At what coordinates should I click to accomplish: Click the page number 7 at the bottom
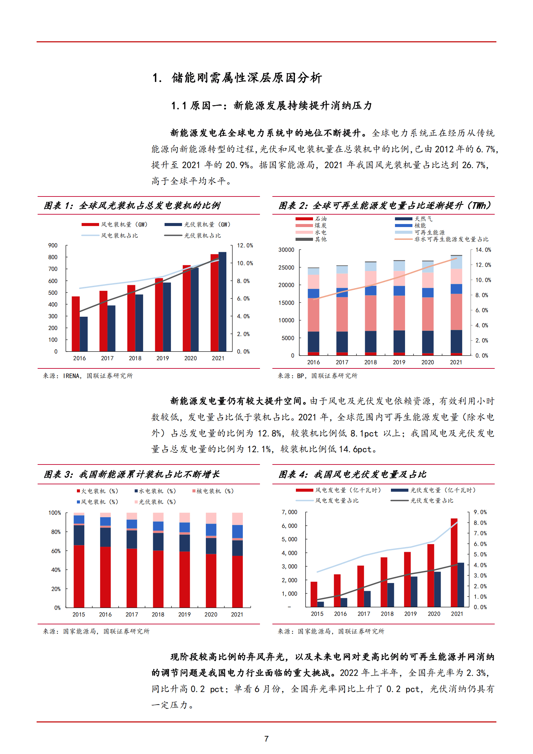click(266, 739)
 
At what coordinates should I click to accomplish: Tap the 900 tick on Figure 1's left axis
click(53, 246)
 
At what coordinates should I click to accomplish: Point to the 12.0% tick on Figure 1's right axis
click(245, 246)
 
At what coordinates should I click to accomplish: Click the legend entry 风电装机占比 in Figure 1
click(119, 235)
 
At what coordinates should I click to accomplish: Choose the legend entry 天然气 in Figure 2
click(423, 219)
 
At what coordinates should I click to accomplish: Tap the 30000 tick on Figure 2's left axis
click(286, 250)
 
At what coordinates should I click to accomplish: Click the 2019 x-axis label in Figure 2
click(399, 362)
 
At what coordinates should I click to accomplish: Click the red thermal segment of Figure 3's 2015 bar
click(79, 576)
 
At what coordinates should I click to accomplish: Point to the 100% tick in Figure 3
click(55, 513)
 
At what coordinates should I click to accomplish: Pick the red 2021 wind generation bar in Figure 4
click(454, 562)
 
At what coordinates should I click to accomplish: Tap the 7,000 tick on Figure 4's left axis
click(290, 512)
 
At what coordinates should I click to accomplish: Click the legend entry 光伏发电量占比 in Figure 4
click(432, 500)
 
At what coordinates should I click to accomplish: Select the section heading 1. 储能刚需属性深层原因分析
click(237, 78)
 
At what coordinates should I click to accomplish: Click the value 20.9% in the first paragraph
click(237, 165)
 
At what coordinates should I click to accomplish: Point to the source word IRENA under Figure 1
click(72, 376)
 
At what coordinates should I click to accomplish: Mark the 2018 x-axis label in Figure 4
click(387, 614)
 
